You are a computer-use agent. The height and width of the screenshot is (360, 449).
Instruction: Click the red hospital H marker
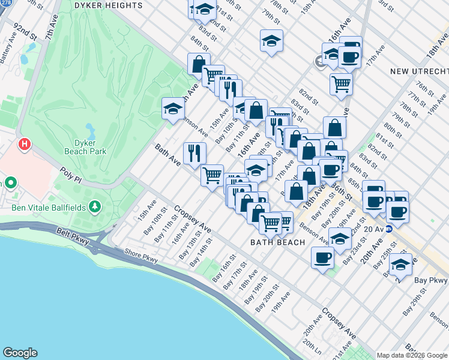pyautogui.click(x=24, y=144)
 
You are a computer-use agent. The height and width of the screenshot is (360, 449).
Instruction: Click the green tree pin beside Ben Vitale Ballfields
pyautogui.click(x=94, y=206)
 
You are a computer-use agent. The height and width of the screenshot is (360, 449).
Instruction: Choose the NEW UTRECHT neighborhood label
pyautogui.click(x=415, y=71)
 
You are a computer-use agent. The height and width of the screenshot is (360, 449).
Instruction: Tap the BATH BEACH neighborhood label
pyautogui.click(x=277, y=242)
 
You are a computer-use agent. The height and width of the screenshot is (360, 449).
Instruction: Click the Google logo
pyautogui.click(x=20, y=353)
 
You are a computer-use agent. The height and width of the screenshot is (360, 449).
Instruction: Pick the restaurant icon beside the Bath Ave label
pyautogui.click(x=194, y=153)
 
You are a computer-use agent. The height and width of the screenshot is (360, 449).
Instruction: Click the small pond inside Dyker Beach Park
pyautogui.click(x=89, y=129)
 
